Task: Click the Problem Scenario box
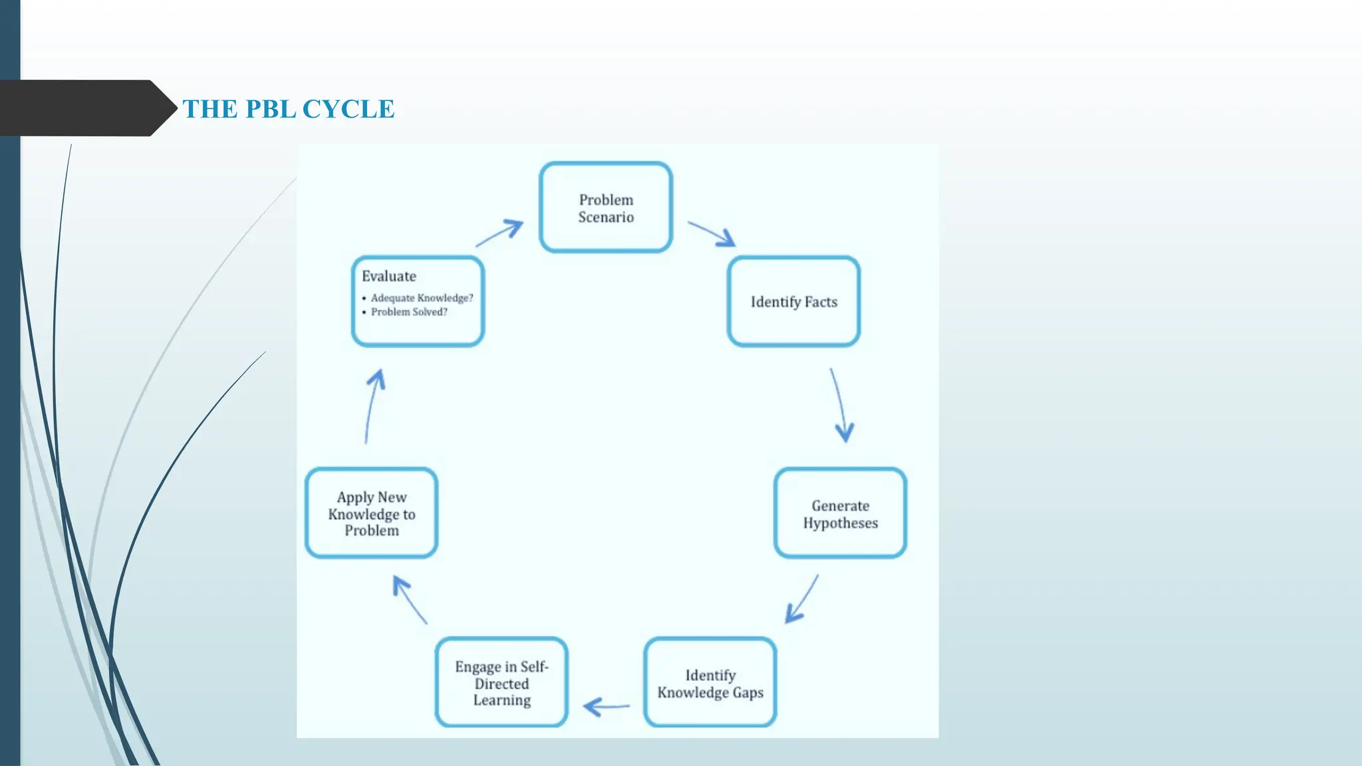click(x=606, y=207)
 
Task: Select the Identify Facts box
click(x=793, y=302)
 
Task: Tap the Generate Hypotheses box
click(x=840, y=513)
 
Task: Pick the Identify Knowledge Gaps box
click(x=710, y=683)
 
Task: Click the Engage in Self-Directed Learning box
click(x=501, y=683)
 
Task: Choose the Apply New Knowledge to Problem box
click(x=371, y=513)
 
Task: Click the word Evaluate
click(x=389, y=276)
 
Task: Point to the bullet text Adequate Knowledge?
click(x=422, y=298)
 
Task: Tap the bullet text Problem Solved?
click(x=409, y=312)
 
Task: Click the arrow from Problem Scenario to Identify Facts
click(x=712, y=233)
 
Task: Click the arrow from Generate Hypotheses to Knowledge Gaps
click(x=802, y=599)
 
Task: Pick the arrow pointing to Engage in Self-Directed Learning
click(x=606, y=706)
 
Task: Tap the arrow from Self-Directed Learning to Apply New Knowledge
click(x=410, y=599)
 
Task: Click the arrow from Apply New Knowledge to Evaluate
click(x=372, y=406)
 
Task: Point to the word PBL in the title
click(x=270, y=109)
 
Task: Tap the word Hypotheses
click(x=840, y=523)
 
